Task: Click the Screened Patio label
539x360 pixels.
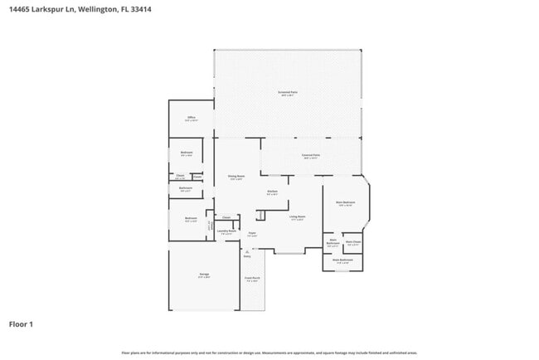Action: [x=288, y=93]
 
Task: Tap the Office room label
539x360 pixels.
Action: [x=191, y=119]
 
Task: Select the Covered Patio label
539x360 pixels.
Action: [x=311, y=156]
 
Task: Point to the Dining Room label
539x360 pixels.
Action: [x=236, y=177]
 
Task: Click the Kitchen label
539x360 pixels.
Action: [x=272, y=192]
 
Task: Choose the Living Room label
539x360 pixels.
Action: [x=297, y=218]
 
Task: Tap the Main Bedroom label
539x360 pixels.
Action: [x=346, y=203]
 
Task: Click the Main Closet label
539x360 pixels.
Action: [x=353, y=243]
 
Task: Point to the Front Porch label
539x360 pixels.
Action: [x=252, y=279]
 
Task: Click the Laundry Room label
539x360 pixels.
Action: [x=226, y=233]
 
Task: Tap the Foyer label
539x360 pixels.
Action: [x=251, y=234]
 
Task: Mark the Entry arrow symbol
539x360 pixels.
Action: [x=246, y=252]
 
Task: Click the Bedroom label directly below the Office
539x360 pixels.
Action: [x=187, y=153]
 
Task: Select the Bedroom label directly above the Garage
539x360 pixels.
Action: [x=191, y=221]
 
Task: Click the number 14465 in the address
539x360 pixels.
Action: [x=20, y=9]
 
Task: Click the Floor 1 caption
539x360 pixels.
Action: [x=21, y=324]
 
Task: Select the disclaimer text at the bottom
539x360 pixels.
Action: [x=269, y=353]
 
